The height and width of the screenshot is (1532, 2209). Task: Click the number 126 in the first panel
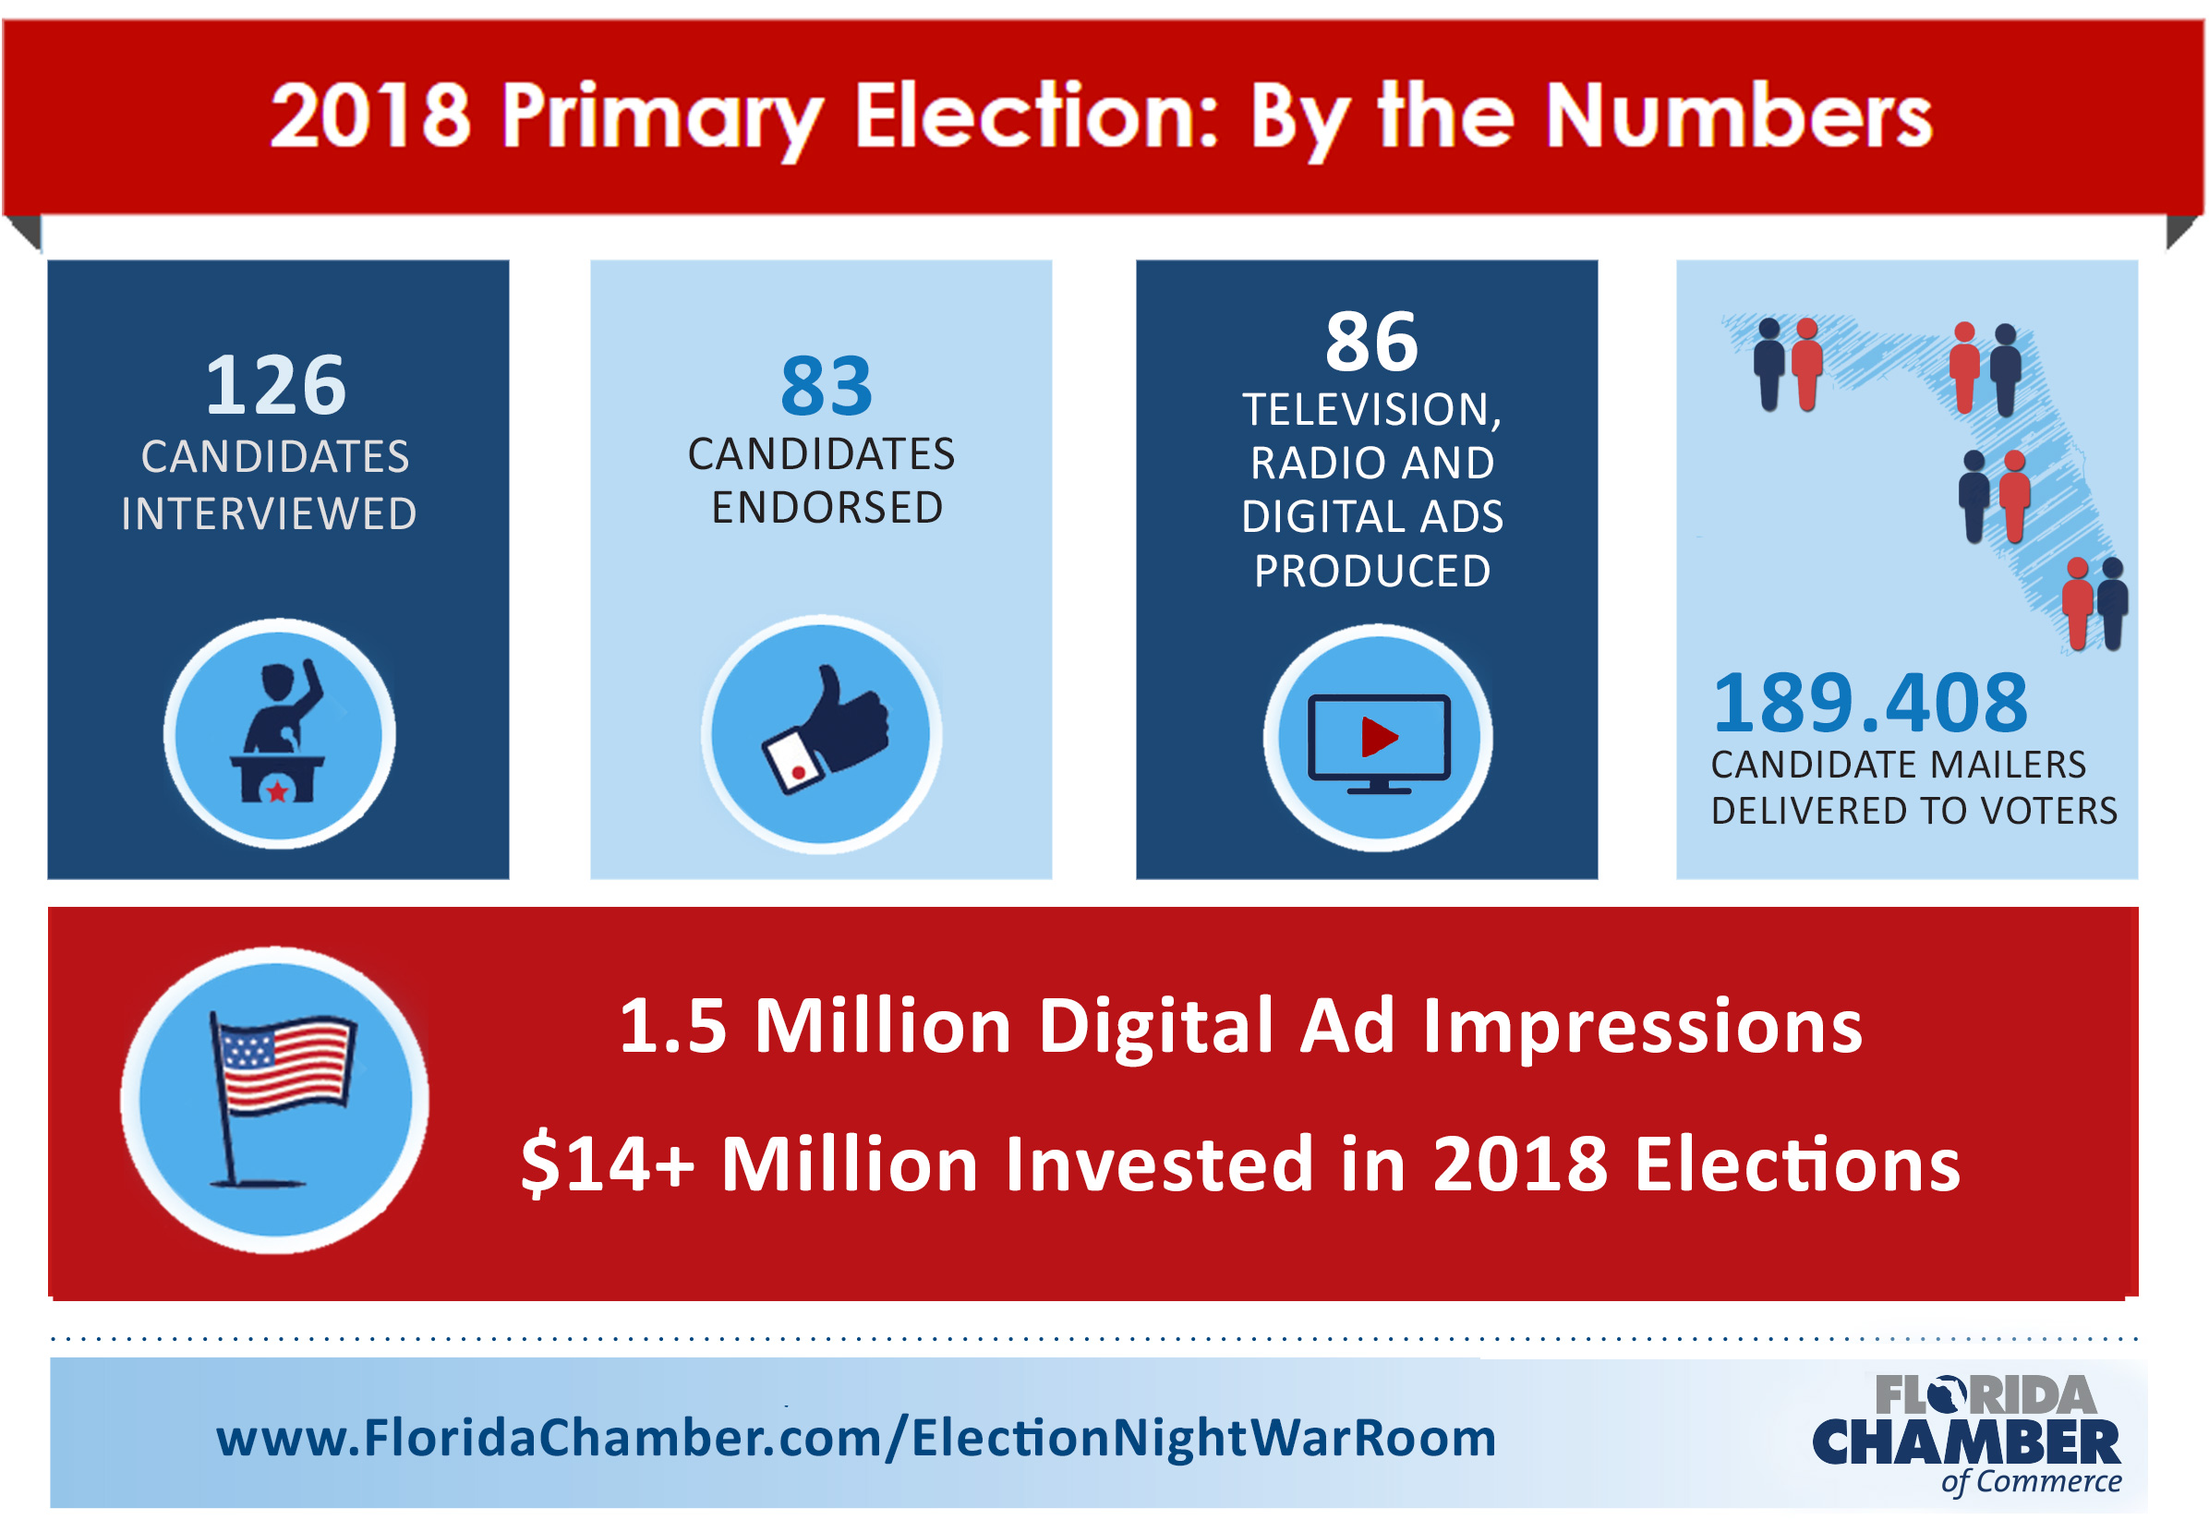(x=275, y=385)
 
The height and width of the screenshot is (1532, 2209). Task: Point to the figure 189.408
(x=1869, y=703)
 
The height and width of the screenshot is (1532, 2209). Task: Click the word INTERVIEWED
(x=269, y=513)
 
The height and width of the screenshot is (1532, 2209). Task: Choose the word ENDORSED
(x=827, y=508)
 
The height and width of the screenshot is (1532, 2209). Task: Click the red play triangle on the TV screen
(x=1379, y=737)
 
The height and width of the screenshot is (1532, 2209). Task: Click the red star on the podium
(x=277, y=791)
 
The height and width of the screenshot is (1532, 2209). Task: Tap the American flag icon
(x=284, y=1066)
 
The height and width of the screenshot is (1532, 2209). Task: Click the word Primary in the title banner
(x=661, y=117)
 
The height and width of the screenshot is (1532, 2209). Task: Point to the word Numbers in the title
(x=1738, y=117)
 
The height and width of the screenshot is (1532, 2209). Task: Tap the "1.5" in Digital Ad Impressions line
(x=672, y=1026)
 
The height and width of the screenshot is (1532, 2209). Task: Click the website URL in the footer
(x=855, y=1438)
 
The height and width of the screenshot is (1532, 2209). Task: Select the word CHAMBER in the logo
(x=1965, y=1443)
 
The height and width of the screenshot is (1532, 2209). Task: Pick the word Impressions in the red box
(x=1643, y=1026)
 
